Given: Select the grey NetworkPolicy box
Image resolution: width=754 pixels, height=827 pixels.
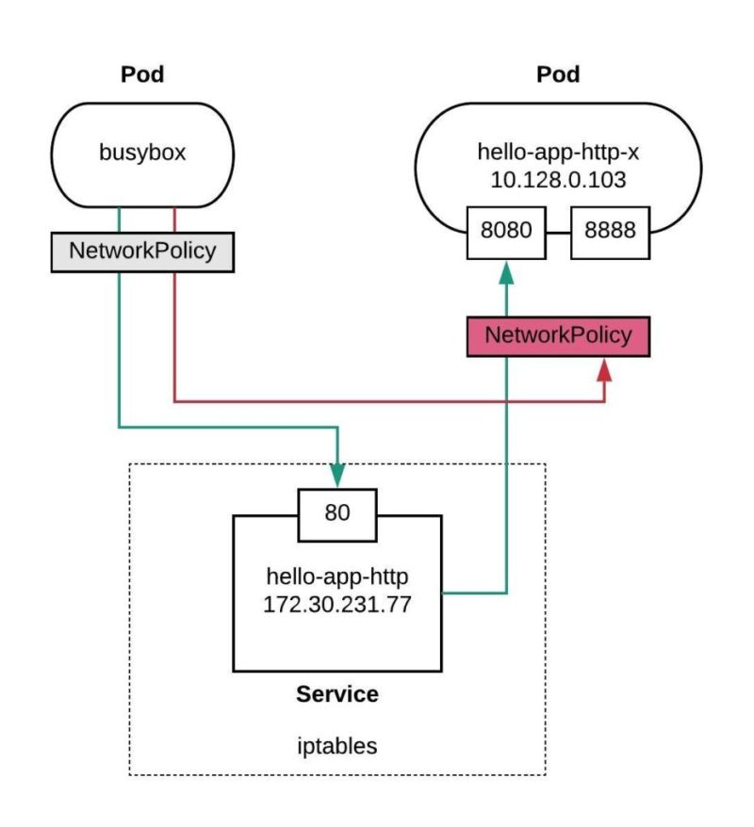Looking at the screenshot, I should (x=142, y=251).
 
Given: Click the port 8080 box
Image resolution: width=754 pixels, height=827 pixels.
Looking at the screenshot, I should (x=506, y=231).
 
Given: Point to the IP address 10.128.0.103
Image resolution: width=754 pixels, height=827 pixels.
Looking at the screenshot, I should (x=559, y=179).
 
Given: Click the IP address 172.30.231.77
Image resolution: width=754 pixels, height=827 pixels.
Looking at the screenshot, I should (x=337, y=603).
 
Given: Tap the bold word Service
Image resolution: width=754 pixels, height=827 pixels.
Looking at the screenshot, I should (x=337, y=695).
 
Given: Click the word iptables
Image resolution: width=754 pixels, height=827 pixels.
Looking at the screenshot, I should (x=337, y=746).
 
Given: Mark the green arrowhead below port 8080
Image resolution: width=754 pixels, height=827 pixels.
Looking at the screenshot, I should (x=506, y=273).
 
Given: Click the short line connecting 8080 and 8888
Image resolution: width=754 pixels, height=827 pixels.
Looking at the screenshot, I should (x=559, y=232).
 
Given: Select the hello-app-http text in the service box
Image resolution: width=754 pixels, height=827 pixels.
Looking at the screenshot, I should (x=337, y=575).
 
